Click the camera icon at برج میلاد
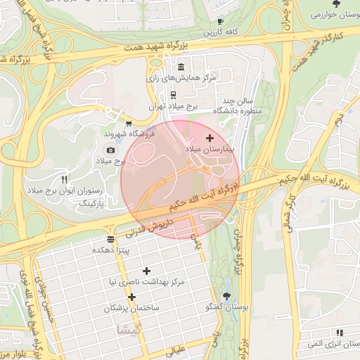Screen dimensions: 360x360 (110, 150)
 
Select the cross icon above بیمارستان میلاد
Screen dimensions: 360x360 (210, 139)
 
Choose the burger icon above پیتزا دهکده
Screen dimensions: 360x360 (110, 239)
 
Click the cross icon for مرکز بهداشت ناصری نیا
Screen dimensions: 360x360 (146, 271)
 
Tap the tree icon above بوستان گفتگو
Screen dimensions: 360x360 (226, 296)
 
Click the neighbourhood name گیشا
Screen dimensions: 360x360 (132, 329)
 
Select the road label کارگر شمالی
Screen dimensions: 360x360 (285, 212)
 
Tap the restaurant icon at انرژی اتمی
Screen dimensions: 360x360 (340, 333)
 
